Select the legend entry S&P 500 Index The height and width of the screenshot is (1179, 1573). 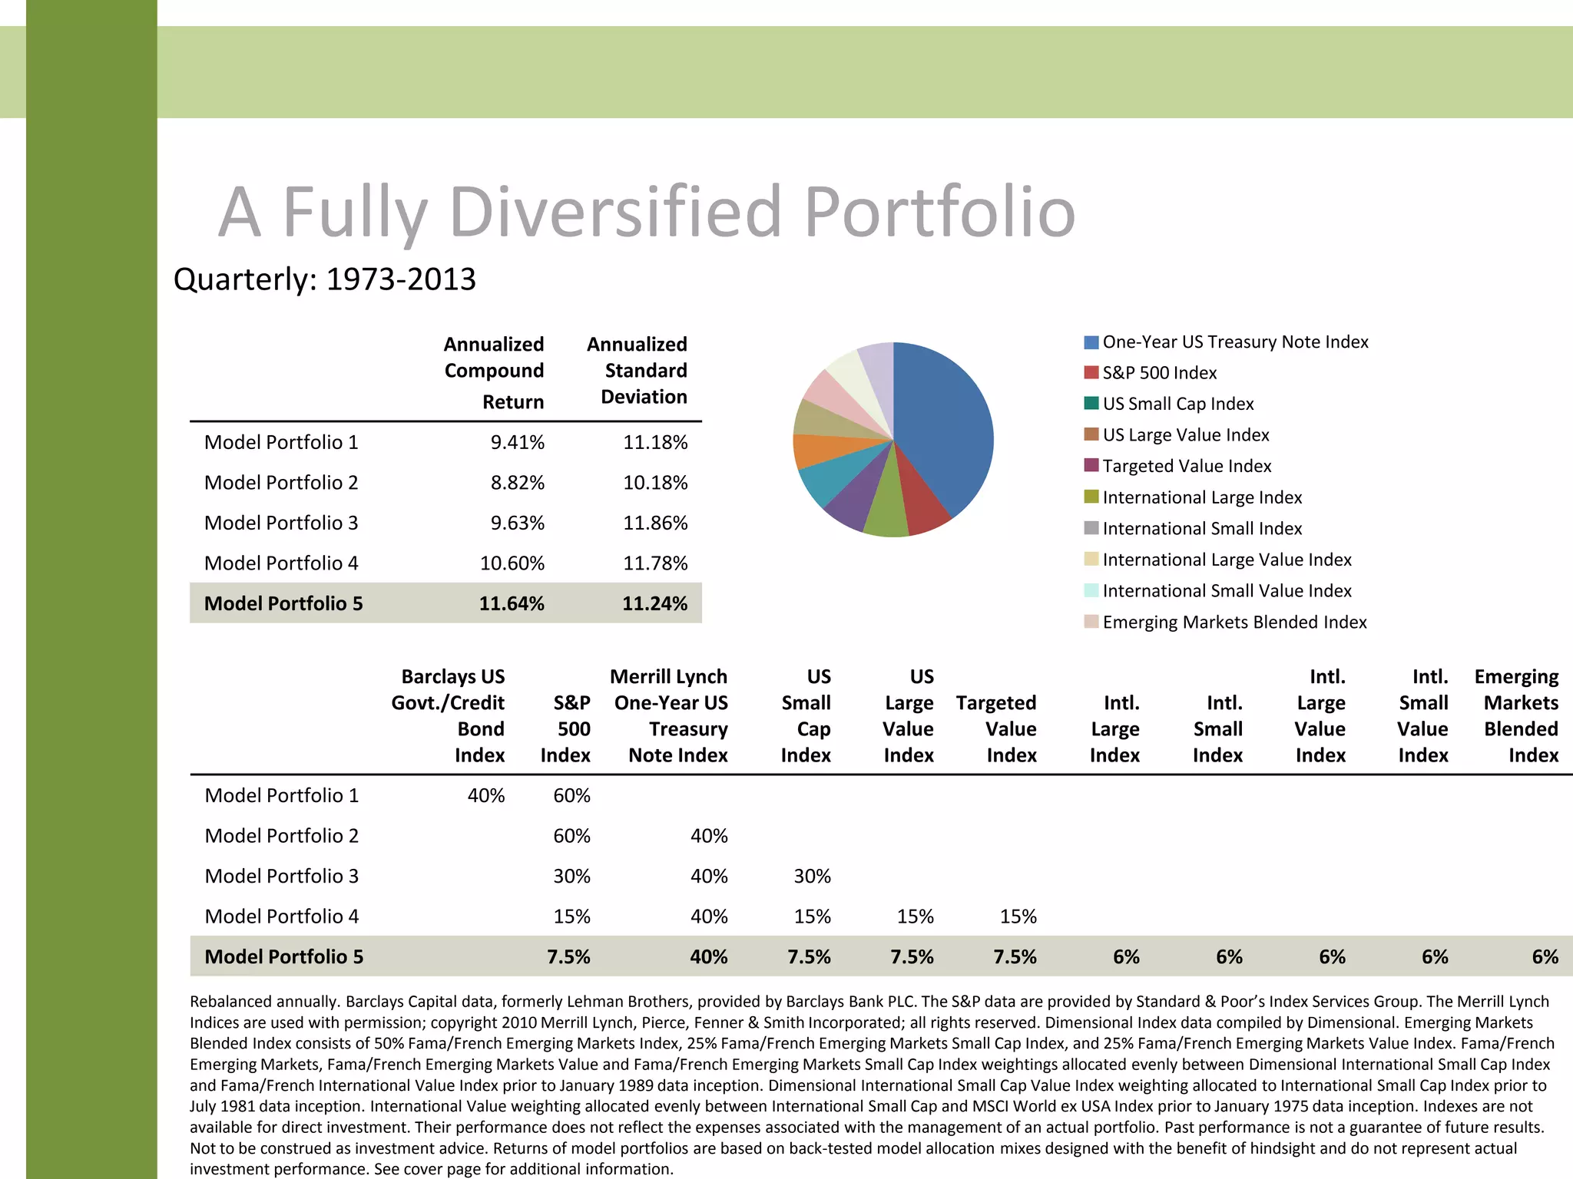point(1159,373)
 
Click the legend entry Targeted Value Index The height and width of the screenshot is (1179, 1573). point(1186,466)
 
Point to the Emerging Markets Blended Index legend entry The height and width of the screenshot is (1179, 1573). point(1234,623)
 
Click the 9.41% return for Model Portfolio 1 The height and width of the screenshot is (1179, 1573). point(517,443)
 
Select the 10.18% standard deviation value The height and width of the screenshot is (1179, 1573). point(654,483)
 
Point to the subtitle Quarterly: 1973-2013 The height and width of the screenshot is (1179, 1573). point(324,279)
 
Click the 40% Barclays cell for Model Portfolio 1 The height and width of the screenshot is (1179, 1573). point(485,796)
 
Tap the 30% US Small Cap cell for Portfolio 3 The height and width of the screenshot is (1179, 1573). point(812,877)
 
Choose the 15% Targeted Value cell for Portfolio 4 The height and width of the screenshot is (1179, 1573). point(1018,916)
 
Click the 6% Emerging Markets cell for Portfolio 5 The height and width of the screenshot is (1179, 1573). point(1544,957)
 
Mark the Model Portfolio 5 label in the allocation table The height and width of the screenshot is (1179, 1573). point(283,957)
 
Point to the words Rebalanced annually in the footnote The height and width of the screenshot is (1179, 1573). point(264,1002)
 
